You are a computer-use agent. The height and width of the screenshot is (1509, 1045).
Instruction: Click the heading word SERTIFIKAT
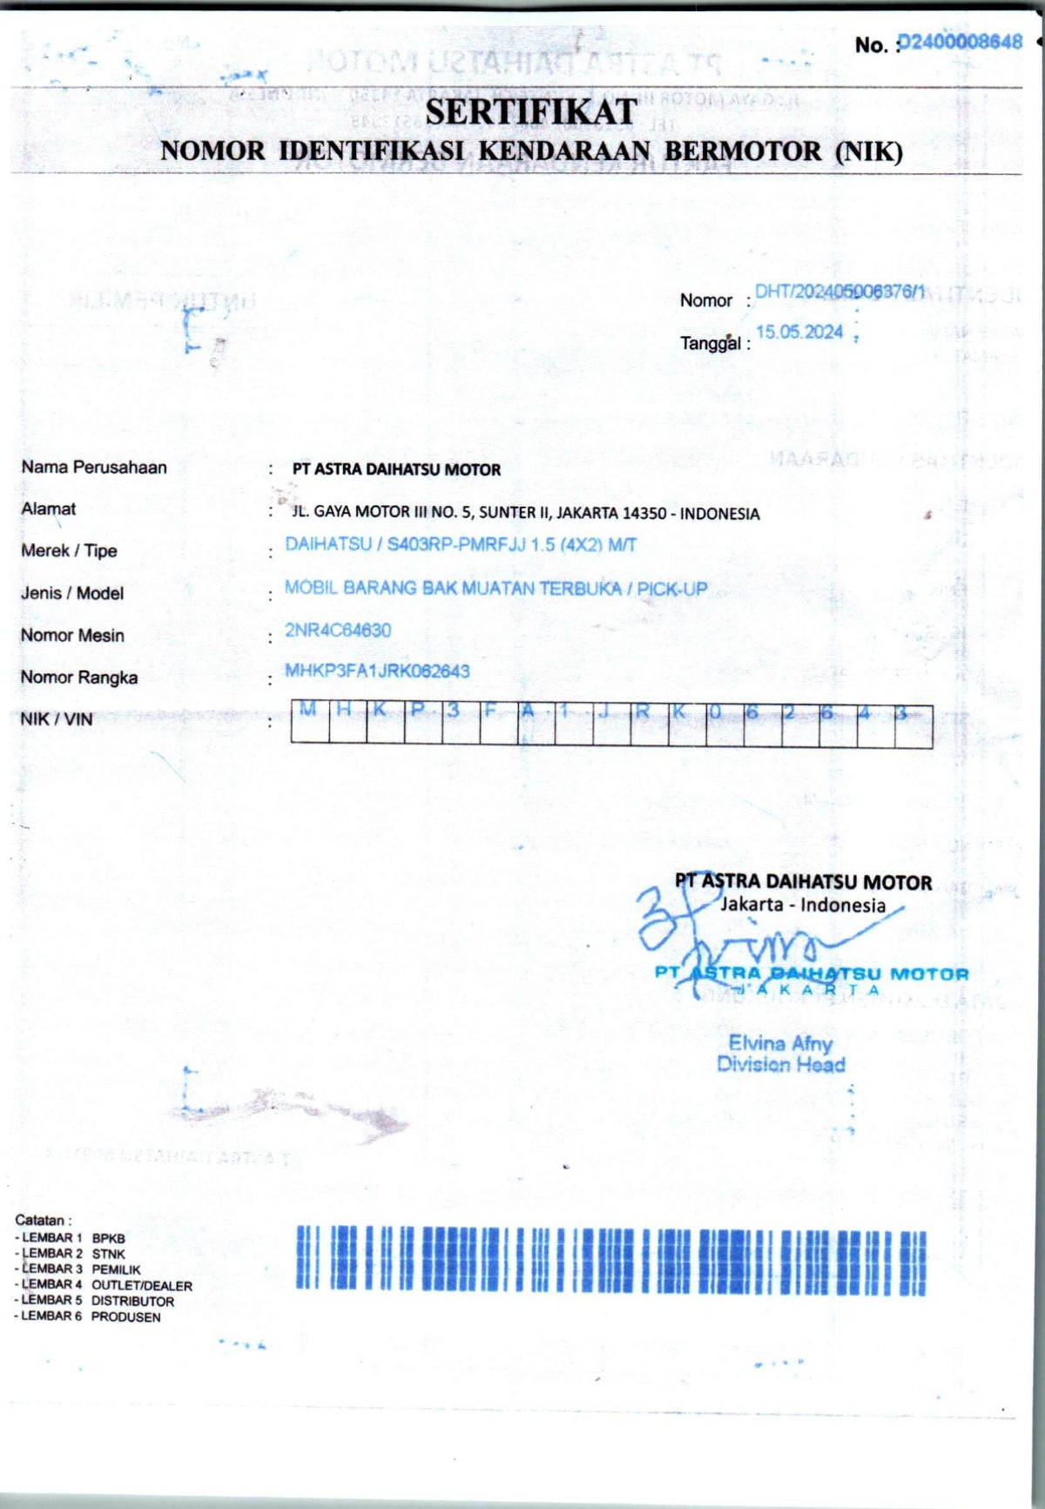point(531,111)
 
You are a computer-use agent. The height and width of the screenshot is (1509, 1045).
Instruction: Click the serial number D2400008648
point(961,42)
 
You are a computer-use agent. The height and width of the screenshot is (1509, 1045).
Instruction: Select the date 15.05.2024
point(799,332)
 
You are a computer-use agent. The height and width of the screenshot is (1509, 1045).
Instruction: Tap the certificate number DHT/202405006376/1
point(839,292)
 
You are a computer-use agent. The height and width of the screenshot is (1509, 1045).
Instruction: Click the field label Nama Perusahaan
point(94,468)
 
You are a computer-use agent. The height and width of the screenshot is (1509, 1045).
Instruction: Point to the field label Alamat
point(49,509)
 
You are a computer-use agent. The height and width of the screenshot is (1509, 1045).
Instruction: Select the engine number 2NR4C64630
point(338,630)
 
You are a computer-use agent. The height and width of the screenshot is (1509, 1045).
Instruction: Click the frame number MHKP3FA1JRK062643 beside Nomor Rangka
point(377,671)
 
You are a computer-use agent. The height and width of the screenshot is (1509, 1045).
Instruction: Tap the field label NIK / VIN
point(57,719)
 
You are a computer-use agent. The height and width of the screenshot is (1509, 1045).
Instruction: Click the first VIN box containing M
point(309,723)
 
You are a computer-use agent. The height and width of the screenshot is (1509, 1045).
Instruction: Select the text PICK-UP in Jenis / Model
point(671,589)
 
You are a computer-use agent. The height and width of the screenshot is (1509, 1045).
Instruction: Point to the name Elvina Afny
point(780,1042)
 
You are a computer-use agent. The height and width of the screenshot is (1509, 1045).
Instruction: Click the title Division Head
point(780,1064)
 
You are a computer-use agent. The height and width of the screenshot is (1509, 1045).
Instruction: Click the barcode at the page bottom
point(610,1259)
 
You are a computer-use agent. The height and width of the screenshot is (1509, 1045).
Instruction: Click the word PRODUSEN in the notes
point(126,1317)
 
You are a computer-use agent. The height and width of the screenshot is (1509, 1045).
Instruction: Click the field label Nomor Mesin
point(72,636)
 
